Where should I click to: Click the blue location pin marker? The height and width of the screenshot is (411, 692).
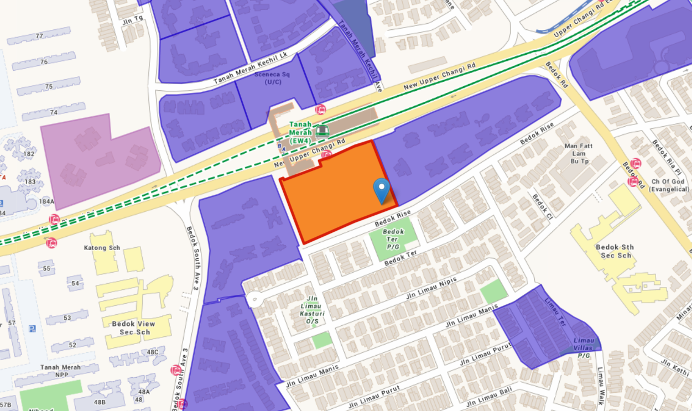tap(381, 190)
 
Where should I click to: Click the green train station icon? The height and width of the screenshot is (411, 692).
tap(322, 131)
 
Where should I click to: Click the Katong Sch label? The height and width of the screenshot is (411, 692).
tap(103, 248)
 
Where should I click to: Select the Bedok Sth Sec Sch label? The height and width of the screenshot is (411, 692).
tap(615, 251)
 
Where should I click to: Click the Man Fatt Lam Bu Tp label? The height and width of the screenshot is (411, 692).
tap(579, 153)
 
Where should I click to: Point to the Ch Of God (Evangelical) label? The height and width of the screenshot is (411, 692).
tap(667, 185)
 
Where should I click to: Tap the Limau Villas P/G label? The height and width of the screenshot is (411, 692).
tap(584, 344)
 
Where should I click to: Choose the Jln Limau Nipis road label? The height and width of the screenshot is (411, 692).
tap(431, 288)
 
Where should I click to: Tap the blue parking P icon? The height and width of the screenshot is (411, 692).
tap(32, 329)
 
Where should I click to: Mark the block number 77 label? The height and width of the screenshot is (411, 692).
tap(39, 36)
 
